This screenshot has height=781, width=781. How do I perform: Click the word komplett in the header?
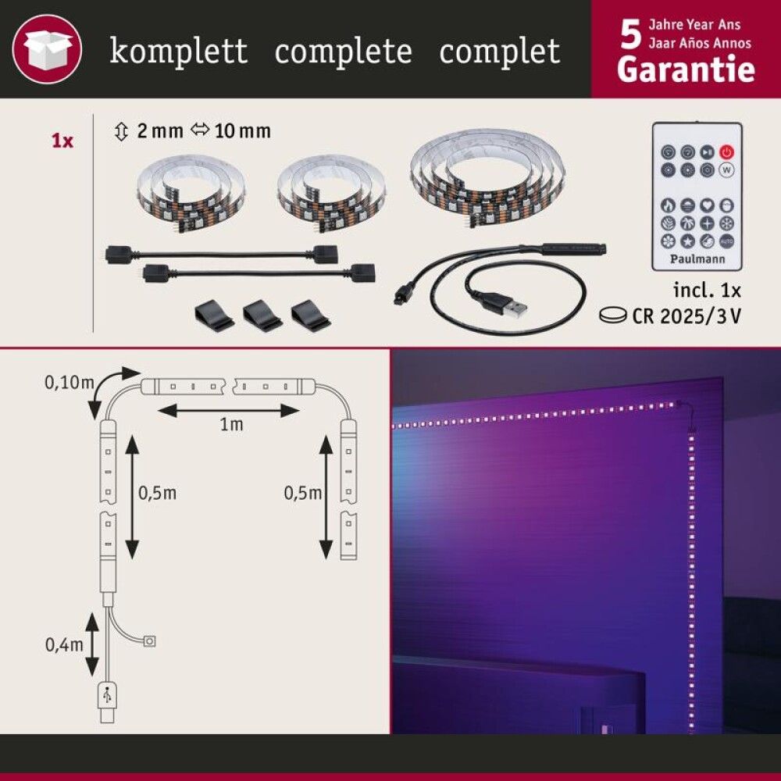pos(179,52)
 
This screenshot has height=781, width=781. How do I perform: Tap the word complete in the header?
pos(343,52)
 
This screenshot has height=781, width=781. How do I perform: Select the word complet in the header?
pos(499,52)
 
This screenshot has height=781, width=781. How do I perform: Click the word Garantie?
pos(686,70)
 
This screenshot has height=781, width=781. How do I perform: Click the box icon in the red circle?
pos(48,48)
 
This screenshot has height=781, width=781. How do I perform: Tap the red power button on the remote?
pos(726,152)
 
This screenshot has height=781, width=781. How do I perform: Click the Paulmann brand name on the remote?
pos(697,258)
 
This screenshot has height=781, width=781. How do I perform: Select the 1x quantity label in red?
pos(62,141)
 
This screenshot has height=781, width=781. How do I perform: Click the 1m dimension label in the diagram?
pos(230,424)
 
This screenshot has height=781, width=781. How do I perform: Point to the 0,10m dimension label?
pos(69,383)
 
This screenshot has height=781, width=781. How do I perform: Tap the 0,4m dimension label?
pos(65,644)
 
